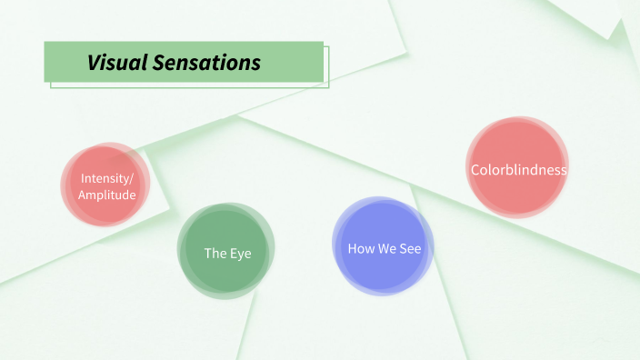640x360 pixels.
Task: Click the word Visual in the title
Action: [115, 63]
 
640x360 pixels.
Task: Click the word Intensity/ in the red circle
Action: [107, 177]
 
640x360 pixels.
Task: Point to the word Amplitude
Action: [107, 195]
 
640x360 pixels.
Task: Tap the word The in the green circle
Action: [215, 253]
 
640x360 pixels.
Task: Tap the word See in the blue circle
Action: [410, 247]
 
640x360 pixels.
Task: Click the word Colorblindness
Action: [518, 170]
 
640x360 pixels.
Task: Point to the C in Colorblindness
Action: [475, 170]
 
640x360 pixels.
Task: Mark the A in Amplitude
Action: [83, 195]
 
